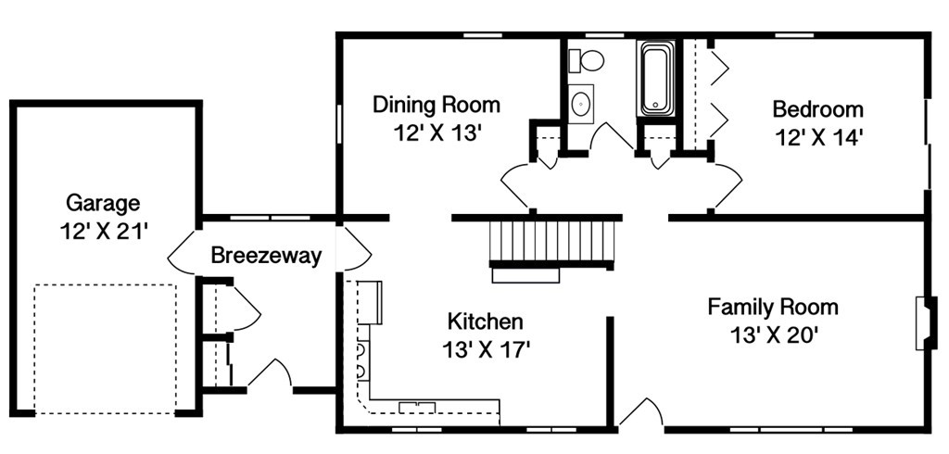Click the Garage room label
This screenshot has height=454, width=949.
[x=103, y=203]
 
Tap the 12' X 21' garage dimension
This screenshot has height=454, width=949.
[x=104, y=232]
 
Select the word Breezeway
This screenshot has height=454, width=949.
[x=266, y=256]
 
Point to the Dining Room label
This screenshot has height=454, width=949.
[x=437, y=105]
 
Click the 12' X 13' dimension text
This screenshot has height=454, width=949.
[x=437, y=132]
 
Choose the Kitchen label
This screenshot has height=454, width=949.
[x=485, y=322]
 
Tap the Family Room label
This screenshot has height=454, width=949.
[x=773, y=307]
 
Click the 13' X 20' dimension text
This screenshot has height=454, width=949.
[x=774, y=334]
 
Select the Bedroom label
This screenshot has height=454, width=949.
[x=817, y=109]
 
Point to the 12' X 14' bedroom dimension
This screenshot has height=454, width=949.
[x=818, y=137]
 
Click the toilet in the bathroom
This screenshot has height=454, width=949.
[x=587, y=60]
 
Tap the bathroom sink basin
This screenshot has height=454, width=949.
[x=582, y=104]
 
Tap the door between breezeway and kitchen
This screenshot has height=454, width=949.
[x=355, y=249]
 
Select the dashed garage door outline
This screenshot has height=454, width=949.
[x=106, y=349]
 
